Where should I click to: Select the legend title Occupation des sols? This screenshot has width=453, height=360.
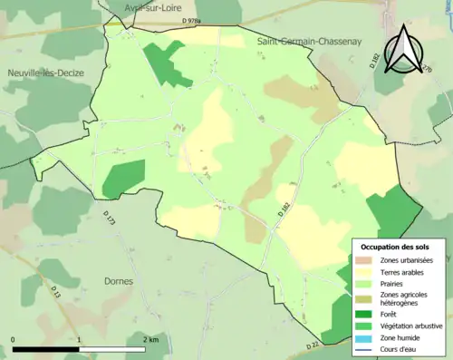click(x=395, y=247)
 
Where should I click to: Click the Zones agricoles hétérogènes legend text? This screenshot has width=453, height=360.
click(x=404, y=299)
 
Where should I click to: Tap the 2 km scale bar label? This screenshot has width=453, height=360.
click(x=151, y=339)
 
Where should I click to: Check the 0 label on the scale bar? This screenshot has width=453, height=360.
click(x=13, y=339)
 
